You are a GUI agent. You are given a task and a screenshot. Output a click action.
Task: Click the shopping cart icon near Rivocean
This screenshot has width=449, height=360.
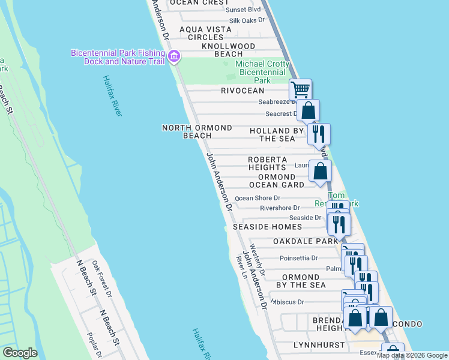tap(300, 90)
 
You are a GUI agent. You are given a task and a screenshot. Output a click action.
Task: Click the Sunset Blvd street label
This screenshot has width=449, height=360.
tap(243, 10)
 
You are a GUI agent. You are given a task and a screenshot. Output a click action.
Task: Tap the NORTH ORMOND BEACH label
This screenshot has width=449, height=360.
tap(197, 131)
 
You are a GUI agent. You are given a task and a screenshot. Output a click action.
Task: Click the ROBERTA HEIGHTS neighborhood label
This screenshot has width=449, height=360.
tap(267, 163)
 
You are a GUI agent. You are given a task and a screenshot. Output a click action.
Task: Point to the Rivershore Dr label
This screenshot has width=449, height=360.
tap(279, 208)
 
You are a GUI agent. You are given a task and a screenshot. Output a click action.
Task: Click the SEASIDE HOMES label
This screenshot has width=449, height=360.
tap(263, 227)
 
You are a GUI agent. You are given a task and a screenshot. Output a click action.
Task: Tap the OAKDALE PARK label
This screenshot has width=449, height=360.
tap(306, 241)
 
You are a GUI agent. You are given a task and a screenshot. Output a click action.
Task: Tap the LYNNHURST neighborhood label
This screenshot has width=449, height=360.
tap(319, 345)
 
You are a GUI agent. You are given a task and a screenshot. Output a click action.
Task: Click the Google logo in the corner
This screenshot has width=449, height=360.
tap(19, 353)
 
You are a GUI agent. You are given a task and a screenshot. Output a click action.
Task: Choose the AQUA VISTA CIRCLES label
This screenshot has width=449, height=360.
tap(205, 33)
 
